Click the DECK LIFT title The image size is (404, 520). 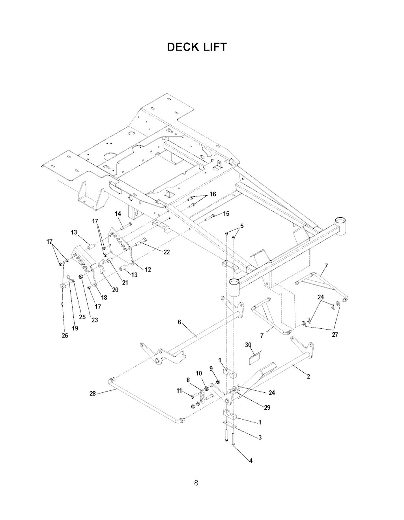pyautogui.click(x=196, y=47)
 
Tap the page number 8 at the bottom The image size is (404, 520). pyautogui.click(x=196, y=483)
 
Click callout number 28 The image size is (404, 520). pyautogui.click(x=93, y=394)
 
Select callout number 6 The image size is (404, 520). pyautogui.click(x=180, y=322)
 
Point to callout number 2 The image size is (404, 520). pyautogui.click(x=308, y=376)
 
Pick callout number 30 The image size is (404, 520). pyautogui.click(x=248, y=345)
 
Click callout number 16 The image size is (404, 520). pyautogui.click(x=213, y=194)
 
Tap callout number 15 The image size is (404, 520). pyautogui.click(x=226, y=213)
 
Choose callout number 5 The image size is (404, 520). pyautogui.click(x=242, y=226)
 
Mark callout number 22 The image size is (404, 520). pyautogui.click(x=166, y=252)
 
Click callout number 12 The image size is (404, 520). pyautogui.click(x=148, y=269)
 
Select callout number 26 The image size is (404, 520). pyautogui.click(x=65, y=335)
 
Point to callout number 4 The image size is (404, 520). pyautogui.click(x=251, y=461)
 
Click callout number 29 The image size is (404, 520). pyautogui.click(x=267, y=407)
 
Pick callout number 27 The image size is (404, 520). pyautogui.click(x=335, y=335)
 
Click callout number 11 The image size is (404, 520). pyautogui.click(x=179, y=390)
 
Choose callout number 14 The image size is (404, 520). pyautogui.click(x=118, y=214)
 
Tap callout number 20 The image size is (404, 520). pyautogui.click(x=115, y=290)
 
